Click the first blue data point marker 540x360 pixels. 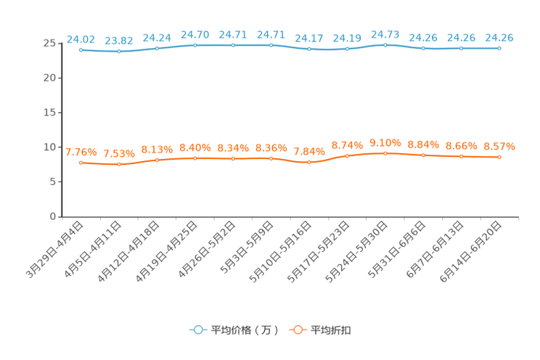pyautogui.click(x=81, y=49)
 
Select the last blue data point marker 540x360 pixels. pyautogui.click(x=499, y=49)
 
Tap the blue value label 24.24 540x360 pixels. pyautogui.click(x=157, y=37)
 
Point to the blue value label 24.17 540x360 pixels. pyautogui.click(x=309, y=38)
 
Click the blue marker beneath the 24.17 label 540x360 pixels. pyautogui.click(x=309, y=49)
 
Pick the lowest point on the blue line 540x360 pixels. pyautogui.click(x=119, y=52)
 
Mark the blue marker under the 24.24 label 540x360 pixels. pyautogui.click(x=157, y=48)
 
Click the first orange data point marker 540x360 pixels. pyautogui.click(x=81, y=163)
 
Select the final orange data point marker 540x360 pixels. pyautogui.click(x=499, y=157)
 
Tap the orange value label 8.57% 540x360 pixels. pyautogui.click(x=499, y=147)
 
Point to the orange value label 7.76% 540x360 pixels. pyautogui.click(x=81, y=152)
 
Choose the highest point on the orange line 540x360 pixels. pyautogui.click(x=385, y=153)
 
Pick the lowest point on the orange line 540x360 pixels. pyautogui.click(x=119, y=165)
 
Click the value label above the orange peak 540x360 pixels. pyautogui.click(x=385, y=142)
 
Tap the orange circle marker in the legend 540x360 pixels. pyautogui.click(x=297, y=330)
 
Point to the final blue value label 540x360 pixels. pyautogui.click(x=499, y=38)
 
